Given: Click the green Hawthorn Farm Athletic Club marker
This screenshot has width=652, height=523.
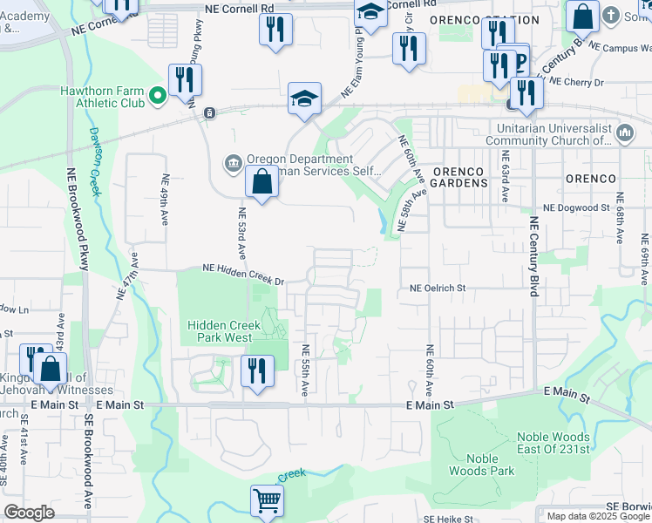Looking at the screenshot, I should tap(158, 96).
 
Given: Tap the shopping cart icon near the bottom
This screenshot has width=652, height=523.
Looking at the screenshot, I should tap(268, 500).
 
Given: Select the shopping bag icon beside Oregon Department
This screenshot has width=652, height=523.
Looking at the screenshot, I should tap(261, 182).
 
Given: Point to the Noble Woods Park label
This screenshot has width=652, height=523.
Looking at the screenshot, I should tap(481, 465).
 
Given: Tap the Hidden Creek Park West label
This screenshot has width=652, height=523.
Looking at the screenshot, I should tap(220, 331).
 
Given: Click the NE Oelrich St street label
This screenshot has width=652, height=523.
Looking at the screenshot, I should tap(438, 288).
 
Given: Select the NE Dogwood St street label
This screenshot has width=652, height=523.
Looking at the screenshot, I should tap(575, 208).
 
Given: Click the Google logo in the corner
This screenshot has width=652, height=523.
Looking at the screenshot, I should tap(29, 513).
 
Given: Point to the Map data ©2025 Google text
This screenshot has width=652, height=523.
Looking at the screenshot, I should tap(598, 516).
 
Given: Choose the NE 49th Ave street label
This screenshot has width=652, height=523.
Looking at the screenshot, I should tap(165, 199).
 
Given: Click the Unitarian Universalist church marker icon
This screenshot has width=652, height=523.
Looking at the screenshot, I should tap(624, 133).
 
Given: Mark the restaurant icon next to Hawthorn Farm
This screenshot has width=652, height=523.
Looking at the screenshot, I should tap(186, 80).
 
